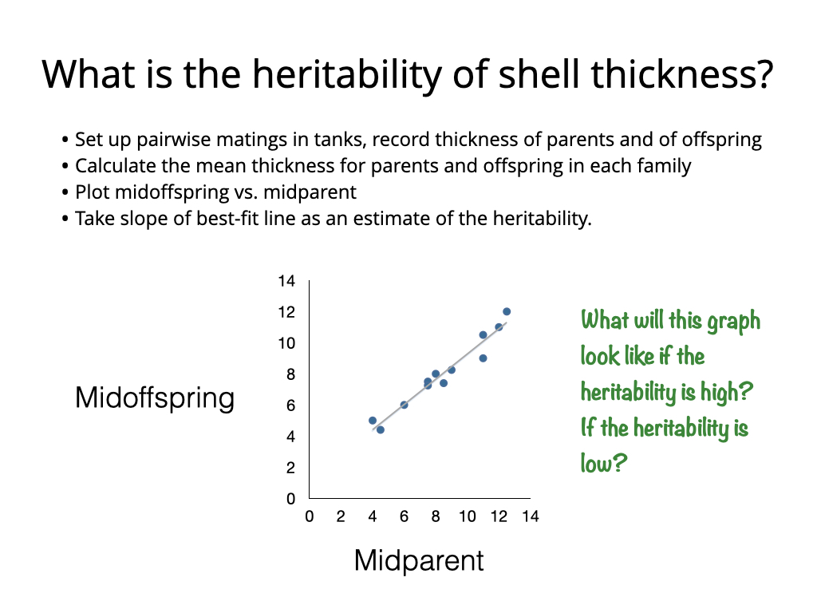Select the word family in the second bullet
point(662,166)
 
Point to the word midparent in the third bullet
point(310,193)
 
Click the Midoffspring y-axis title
point(155,399)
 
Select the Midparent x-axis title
point(419,561)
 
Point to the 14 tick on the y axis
point(286,281)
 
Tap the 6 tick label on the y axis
point(290,405)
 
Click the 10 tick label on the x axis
point(468,516)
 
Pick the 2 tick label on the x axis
point(341,516)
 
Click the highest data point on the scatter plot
point(507,312)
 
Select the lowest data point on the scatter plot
point(381,429)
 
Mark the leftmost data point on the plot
point(373,421)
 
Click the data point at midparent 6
point(404,405)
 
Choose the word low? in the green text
point(604,462)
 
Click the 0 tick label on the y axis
point(290,499)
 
